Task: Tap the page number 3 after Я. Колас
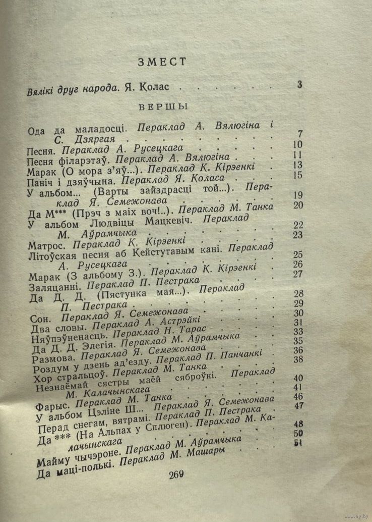click(299, 85)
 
